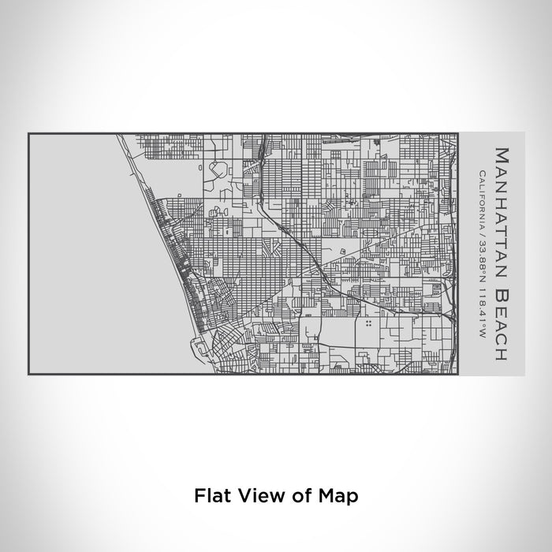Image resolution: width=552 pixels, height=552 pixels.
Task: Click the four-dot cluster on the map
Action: click(369, 323)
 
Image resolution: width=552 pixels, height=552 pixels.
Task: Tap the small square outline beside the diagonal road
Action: click(343, 252)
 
